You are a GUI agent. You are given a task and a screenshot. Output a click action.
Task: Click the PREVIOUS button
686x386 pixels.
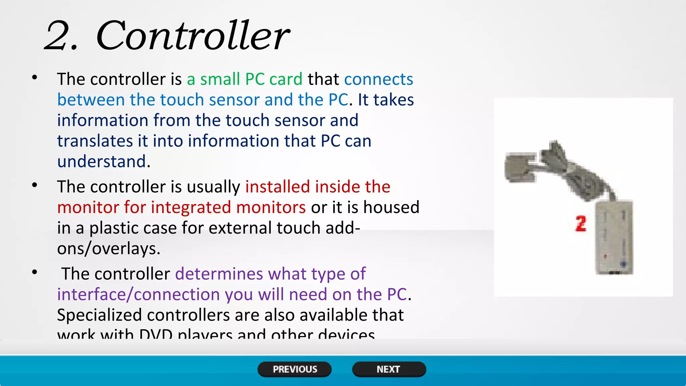coord(294,369)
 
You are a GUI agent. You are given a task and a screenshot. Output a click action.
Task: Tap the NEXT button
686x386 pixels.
coord(389,369)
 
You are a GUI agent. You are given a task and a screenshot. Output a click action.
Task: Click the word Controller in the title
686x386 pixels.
coord(193,36)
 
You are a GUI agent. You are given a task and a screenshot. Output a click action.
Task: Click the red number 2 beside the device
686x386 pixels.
coord(581,224)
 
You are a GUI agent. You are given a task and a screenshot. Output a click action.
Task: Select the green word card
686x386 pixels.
coord(286,79)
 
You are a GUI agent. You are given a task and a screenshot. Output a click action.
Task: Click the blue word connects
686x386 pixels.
coord(379,79)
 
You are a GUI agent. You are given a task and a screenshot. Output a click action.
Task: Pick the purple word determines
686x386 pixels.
coord(219,274)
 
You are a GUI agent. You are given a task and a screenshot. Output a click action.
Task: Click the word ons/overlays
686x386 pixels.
coord(108,249)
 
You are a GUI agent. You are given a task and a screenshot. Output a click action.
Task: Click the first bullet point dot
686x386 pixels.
coord(35,78)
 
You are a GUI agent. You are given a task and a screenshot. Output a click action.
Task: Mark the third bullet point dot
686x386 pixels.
coord(35,272)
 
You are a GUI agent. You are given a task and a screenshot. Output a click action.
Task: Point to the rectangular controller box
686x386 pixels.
coord(614,237)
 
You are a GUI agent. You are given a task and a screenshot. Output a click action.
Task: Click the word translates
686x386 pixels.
coord(95,141)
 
